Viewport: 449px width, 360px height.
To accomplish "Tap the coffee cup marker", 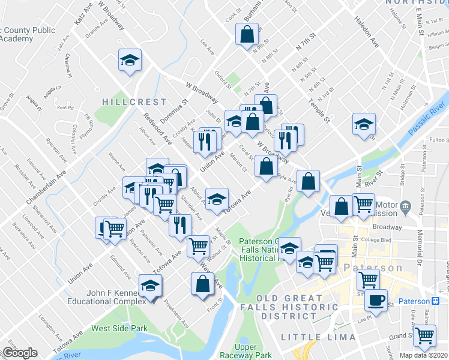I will pyautogui.click(x=376, y=299).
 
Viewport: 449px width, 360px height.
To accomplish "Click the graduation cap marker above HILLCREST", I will pyautogui.click(x=130, y=60).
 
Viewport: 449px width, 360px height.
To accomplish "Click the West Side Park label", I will pyautogui.click(x=119, y=328).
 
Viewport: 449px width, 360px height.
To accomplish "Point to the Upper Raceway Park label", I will pyautogui.click(x=253, y=352).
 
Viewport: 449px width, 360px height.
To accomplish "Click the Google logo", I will pyautogui.click(x=19, y=352).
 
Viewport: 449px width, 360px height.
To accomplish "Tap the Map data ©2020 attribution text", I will pyautogui.click(x=424, y=355).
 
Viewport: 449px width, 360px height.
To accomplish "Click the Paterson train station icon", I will pyautogui.click(x=436, y=301).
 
